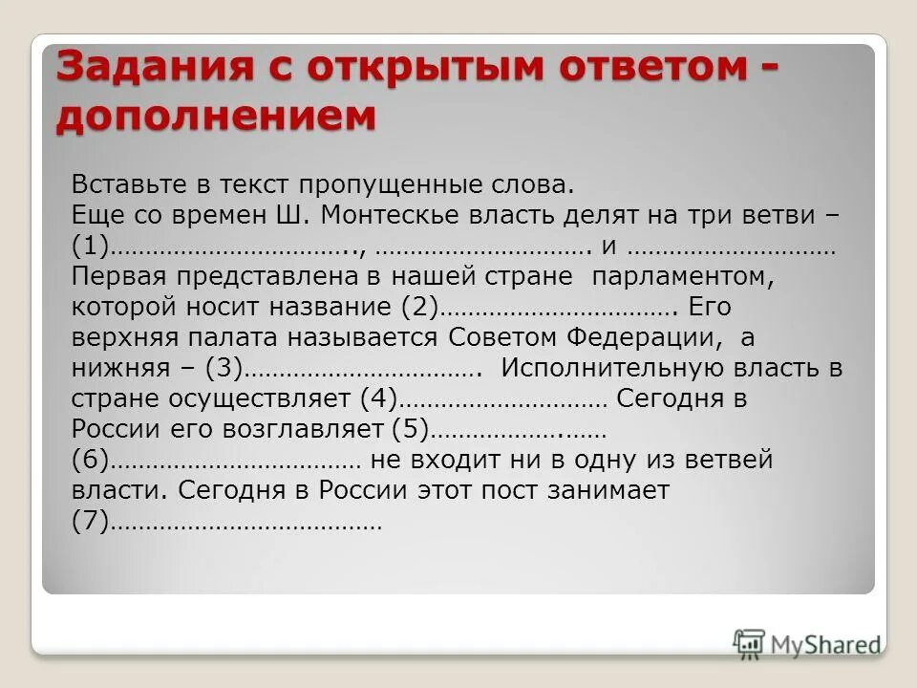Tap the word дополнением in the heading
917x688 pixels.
point(216,116)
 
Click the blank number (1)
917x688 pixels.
point(91,247)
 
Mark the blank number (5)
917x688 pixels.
point(412,430)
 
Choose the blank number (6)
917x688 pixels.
point(91,461)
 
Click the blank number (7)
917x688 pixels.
point(91,522)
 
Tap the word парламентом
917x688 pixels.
point(680,277)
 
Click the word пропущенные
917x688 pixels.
point(397,184)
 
